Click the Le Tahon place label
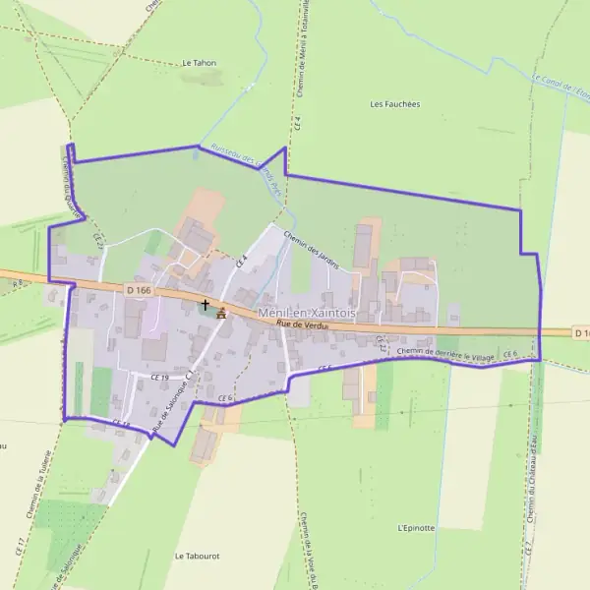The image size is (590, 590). tap(199, 62)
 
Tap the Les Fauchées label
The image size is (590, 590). tap(394, 103)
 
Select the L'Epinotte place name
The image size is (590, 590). tap(416, 528)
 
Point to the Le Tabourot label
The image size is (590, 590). tap(197, 556)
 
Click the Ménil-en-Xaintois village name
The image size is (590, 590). tap(307, 312)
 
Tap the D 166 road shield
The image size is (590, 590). tap(139, 289)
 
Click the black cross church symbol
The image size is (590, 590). tap(205, 305)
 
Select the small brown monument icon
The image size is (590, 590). tap(220, 314)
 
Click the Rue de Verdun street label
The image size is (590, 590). tap(303, 324)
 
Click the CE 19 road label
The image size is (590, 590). tap(160, 378)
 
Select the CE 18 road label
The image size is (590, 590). tap(121, 424)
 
